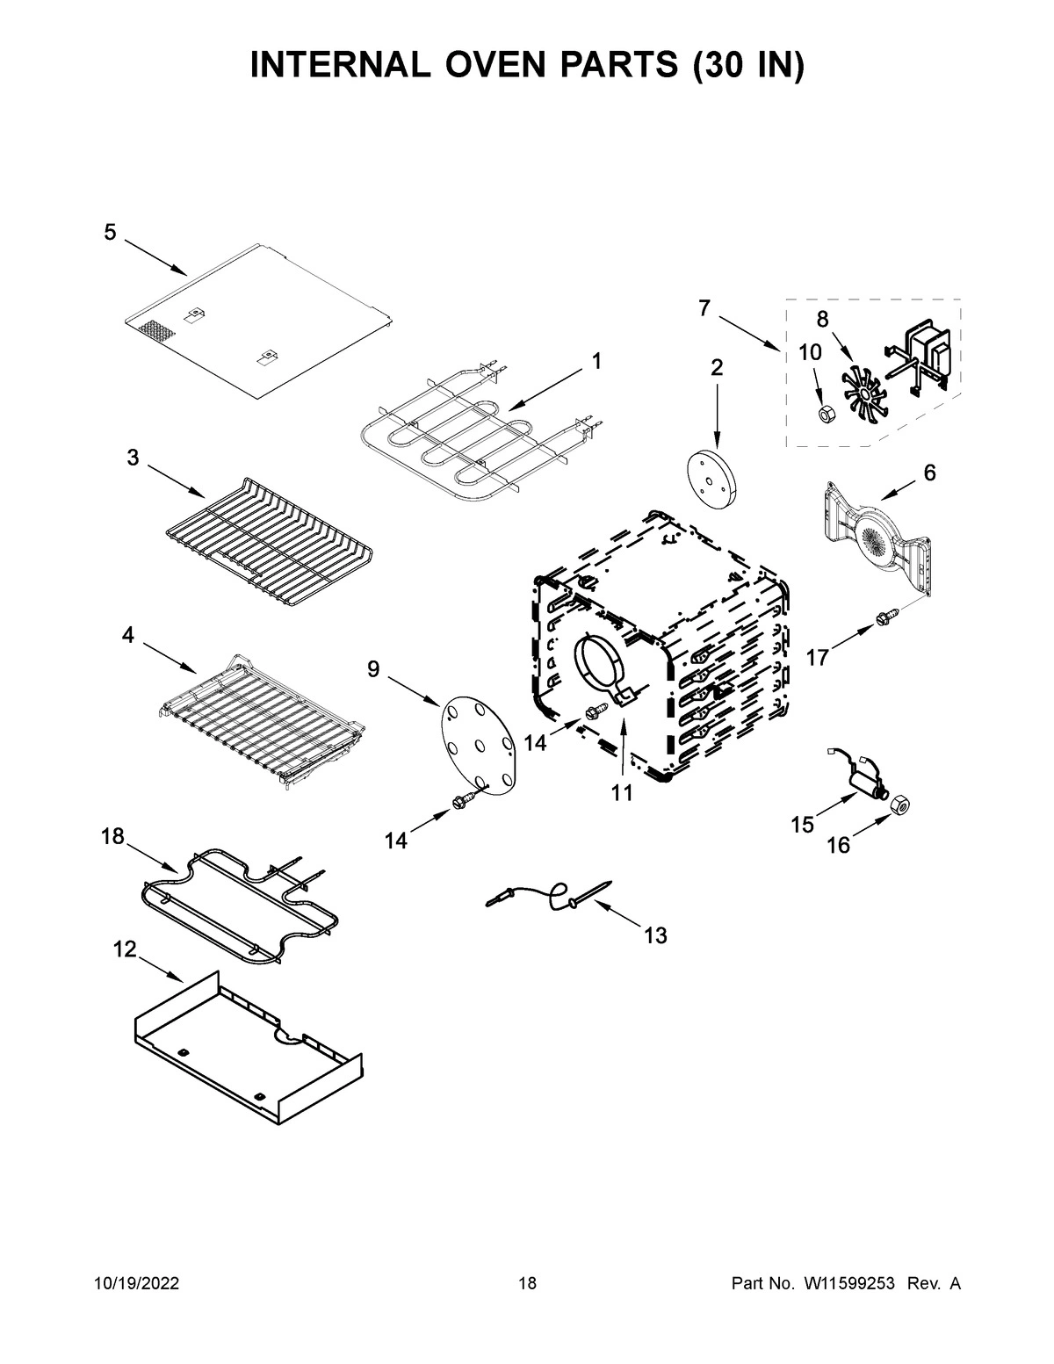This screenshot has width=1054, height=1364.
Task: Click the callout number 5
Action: coord(110,232)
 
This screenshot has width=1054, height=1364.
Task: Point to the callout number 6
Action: coord(929,473)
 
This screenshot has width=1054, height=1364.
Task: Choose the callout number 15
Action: coord(802,825)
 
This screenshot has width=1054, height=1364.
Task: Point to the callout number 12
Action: coord(126,949)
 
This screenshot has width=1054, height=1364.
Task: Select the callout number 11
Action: coord(622,793)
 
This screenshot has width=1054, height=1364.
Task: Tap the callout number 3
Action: coord(132,458)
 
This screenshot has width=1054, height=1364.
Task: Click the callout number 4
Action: coord(128,635)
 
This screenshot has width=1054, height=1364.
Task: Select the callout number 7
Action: coord(704,307)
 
